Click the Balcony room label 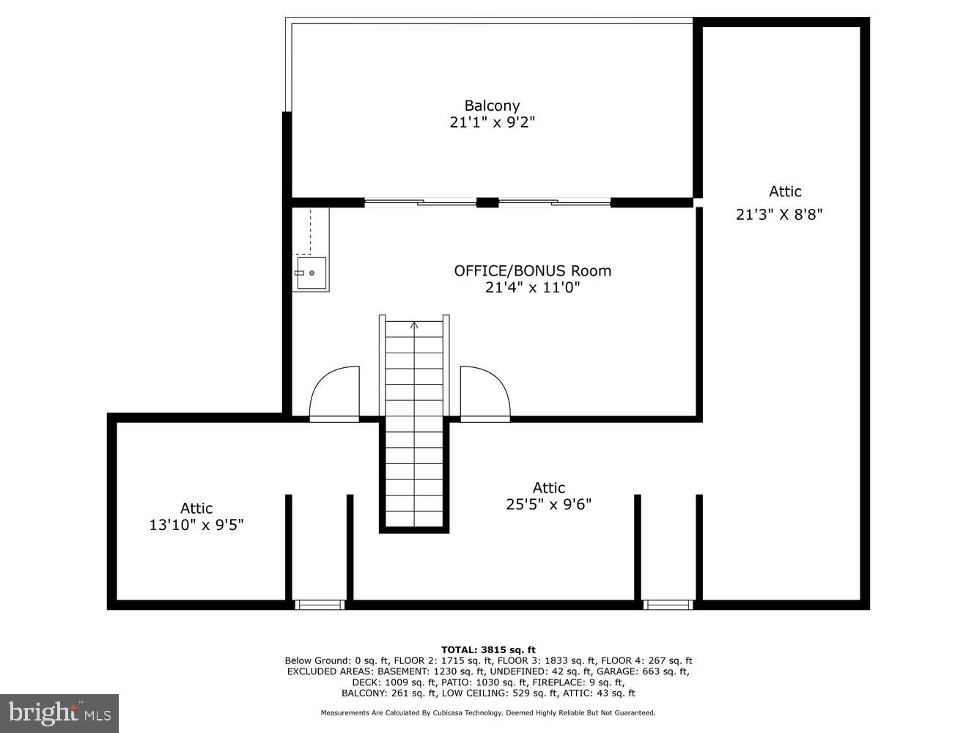(492, 106)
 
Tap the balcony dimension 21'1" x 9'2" (492, 122)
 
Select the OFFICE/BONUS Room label (532, 270)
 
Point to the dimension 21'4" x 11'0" (532, 287)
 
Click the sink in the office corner (311, 273)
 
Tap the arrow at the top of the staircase (414, 325)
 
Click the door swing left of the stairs (335, 393)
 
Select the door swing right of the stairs (484, 393)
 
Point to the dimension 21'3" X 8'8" (779, 214)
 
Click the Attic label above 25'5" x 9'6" (548, 487)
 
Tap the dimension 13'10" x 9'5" (196, 525)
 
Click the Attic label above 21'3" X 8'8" (785, 191)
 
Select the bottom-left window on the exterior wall (320, 605)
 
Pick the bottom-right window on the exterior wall (668, 605)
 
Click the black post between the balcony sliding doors (487, 203)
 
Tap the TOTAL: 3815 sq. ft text (488, 649)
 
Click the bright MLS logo (59, 712)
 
